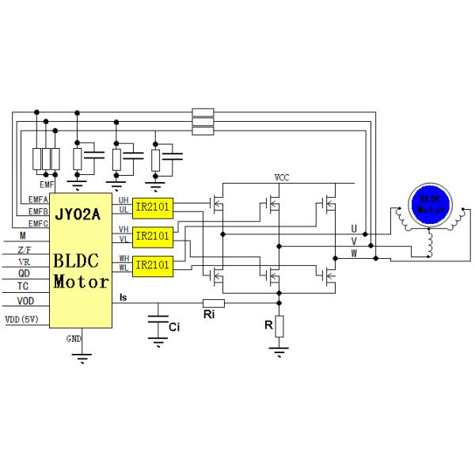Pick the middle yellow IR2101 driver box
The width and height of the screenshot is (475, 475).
click(x=153, y=236)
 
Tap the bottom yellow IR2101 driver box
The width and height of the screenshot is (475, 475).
click(x=153, y=264)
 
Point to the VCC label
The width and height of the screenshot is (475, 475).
click(x=281, y=177)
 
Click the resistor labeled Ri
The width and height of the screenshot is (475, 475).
click(x=213, y=302)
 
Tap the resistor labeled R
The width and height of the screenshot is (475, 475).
click(x=279, y=325)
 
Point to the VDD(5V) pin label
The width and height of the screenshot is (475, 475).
click(x=21, y=320)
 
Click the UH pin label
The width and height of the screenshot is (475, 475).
click(x=123, y=200)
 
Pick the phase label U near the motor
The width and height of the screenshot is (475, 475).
click(x=354, y=228)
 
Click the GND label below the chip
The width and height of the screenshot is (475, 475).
click(x=73, y=338)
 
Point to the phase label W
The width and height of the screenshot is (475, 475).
click(x=354, y=253)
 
